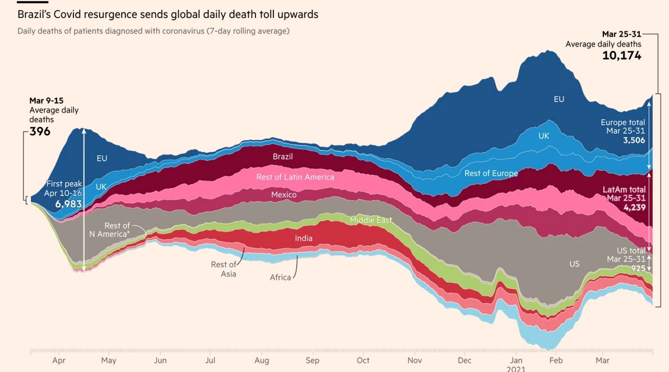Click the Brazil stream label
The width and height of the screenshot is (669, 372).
pyautogui.click(x=282, y=157)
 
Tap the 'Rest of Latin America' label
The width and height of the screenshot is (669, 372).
pyautogui.click(x=295, y=177)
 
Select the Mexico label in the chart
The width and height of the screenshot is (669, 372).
pyautogui.click(x=284, y=195)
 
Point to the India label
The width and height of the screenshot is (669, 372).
pyautogui.click(x=304, y=238)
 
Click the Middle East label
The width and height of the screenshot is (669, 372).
pyautogui.click(x=371, y=220)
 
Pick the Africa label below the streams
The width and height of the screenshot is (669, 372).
pyautogui.click(x=280, y=277)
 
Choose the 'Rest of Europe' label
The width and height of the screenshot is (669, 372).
pyautogui.click(x=491, y=173)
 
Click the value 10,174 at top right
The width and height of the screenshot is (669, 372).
pyautogui.click(x=621, y=55)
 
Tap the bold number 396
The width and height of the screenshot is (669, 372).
pyautogui.click(x=40, y=131)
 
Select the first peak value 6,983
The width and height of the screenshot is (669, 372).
pyautogui.click(x=68, y=204)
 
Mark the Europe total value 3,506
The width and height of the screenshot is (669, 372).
pyautogui.click(x=634, y=140)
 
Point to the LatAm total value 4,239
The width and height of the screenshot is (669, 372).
pyautogui.click(x=634, y=207)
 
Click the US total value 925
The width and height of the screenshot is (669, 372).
pyautogui.click(x=638, y=268)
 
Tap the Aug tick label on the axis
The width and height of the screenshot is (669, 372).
pyautogui.click(x=262, y=360)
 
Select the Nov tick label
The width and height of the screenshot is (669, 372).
pyautogui.click(x=415, y=360)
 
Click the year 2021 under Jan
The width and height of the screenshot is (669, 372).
pyautogui.click(x=517, y=369)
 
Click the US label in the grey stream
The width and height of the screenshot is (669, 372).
pyautogui.click(x=574, y=263)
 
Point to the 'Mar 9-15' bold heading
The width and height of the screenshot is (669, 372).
pyautogui.click(x=47, y=101)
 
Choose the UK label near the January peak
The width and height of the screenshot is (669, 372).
pyautogui.click(x=543, y=136)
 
